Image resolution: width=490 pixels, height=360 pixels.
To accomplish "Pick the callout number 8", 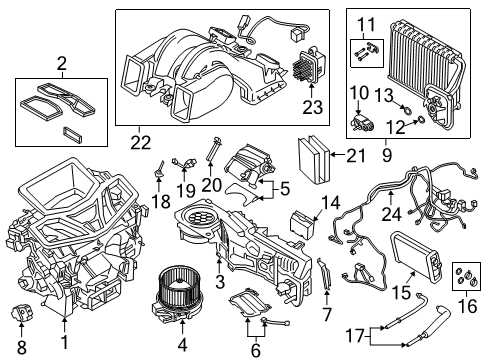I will [21, 347].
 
